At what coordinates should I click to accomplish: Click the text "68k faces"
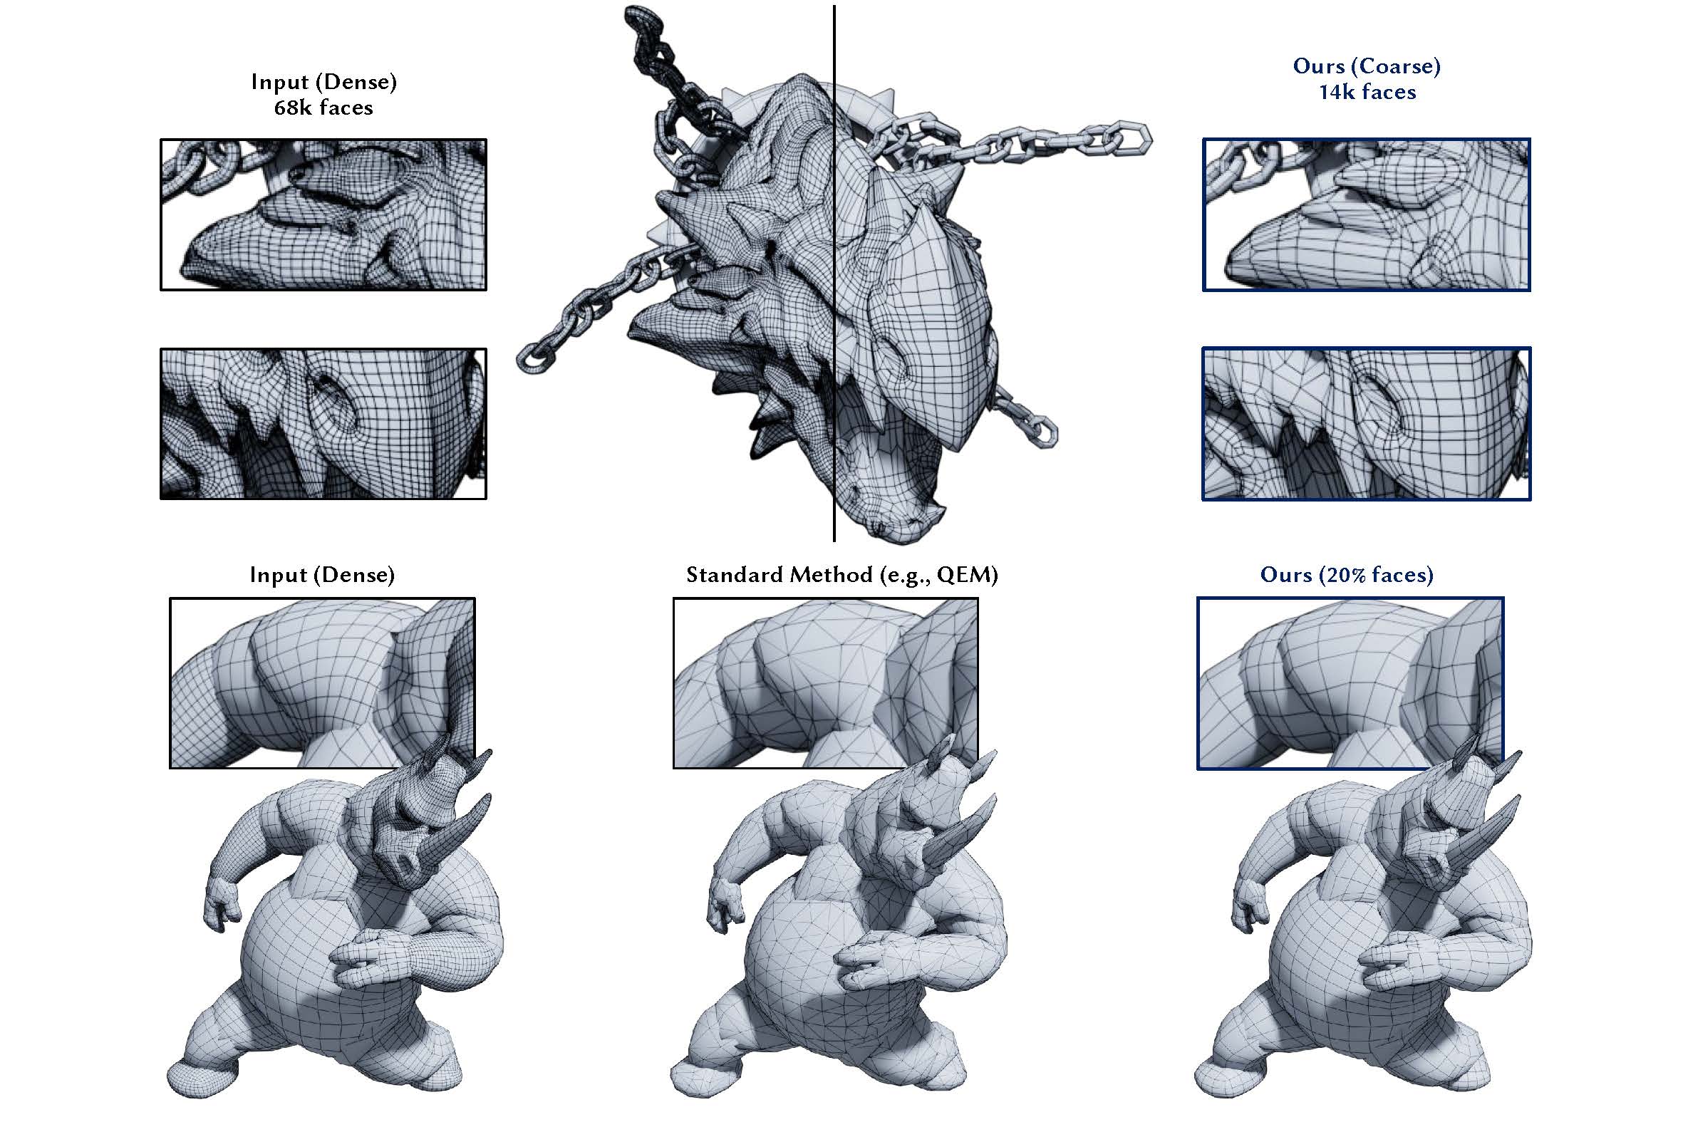click(x=323, y=108)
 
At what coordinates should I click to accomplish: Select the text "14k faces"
click(x=1367, y=93)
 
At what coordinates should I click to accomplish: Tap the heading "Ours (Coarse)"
click(x=1367, y=66)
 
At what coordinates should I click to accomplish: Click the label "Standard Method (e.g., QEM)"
click(x=841, y=575)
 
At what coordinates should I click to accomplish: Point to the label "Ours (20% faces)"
click(x=1347, y=575)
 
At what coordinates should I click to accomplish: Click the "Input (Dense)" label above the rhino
click(x=322, y=575)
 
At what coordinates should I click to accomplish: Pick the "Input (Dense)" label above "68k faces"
click(x=323, y=82)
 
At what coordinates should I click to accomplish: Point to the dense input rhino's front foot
click(x=197, y=1077)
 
